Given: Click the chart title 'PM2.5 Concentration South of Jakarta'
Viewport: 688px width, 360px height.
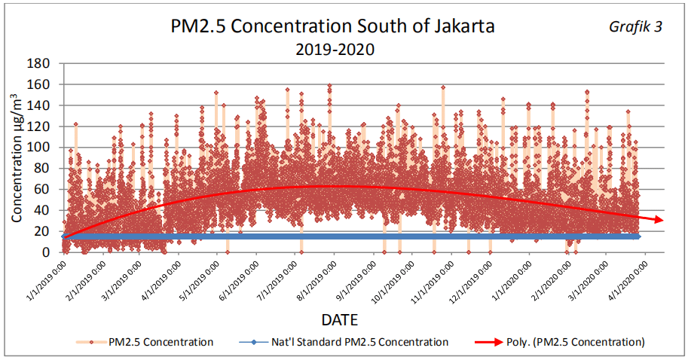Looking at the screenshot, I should (x=332, y=27).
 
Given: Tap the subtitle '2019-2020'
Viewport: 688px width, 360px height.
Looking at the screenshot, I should (x=335, y=50).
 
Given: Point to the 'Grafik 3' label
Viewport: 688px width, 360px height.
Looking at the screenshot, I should (x=635, y=27).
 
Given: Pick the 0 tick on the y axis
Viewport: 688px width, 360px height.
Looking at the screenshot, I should (x=47, y=252).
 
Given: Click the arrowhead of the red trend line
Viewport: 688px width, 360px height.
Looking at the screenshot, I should (x=659, y=219).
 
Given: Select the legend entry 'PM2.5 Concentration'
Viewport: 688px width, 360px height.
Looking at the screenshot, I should (x=161, y=342).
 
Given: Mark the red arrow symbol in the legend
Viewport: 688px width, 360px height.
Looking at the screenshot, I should (x=486, y=342).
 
